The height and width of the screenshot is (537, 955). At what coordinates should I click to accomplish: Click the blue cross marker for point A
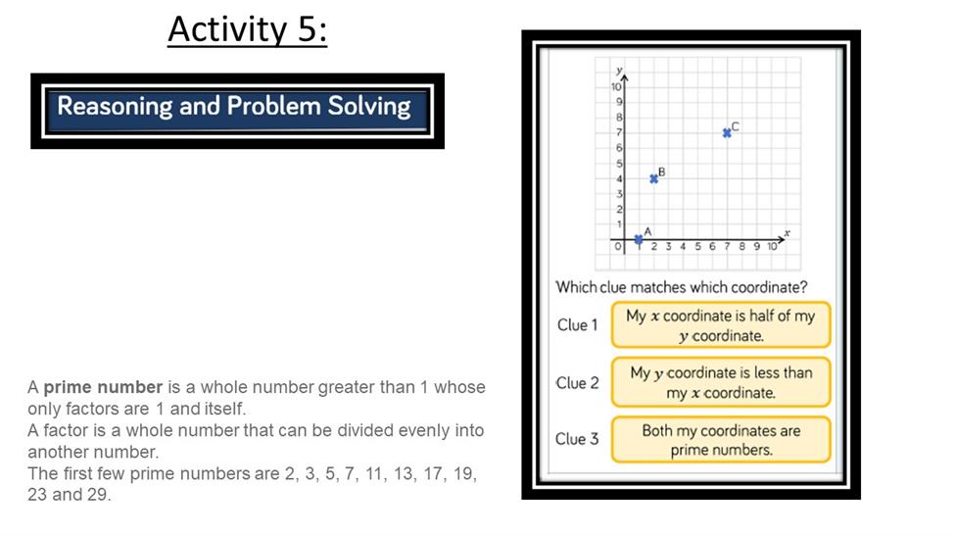click(x=639, y=239)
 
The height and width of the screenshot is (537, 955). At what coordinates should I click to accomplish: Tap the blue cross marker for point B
click(x=653, y=178)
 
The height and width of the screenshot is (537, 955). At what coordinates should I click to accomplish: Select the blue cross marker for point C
click(x=727, y=133)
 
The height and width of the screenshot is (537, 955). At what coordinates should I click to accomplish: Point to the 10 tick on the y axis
click(x=616, y=86)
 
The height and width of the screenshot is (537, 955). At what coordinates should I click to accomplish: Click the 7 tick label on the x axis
click(x=727, y=246)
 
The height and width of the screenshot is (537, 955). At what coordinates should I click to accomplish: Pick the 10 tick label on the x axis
click(x=772, y=246)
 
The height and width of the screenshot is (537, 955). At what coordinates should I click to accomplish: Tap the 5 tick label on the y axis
click(x=619, y=164)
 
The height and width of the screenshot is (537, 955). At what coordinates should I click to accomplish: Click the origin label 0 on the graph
click(x=618, y=246)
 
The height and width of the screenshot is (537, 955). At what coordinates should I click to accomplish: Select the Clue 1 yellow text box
click(x=721, y=325)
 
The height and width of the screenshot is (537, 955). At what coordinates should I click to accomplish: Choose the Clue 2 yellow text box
click(x=721, y=382)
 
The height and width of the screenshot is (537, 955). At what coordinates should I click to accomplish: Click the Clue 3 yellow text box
click(x=721, y=439)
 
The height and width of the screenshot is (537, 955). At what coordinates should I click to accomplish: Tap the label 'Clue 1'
click(x=577, y=325)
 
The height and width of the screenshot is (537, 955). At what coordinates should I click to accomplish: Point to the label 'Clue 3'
click(x=577, y=439)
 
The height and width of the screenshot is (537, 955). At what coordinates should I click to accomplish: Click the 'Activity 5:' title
click(x=247, y=28)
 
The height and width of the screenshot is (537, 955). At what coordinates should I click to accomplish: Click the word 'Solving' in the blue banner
click(x=369, y=107)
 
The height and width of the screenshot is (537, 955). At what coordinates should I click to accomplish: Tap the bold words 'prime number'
click(x=103, y=387)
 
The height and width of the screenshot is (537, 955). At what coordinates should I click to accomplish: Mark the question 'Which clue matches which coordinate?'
click(x=682, y=287)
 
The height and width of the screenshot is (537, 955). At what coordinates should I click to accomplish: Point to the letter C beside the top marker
click(x=736, y=126)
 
